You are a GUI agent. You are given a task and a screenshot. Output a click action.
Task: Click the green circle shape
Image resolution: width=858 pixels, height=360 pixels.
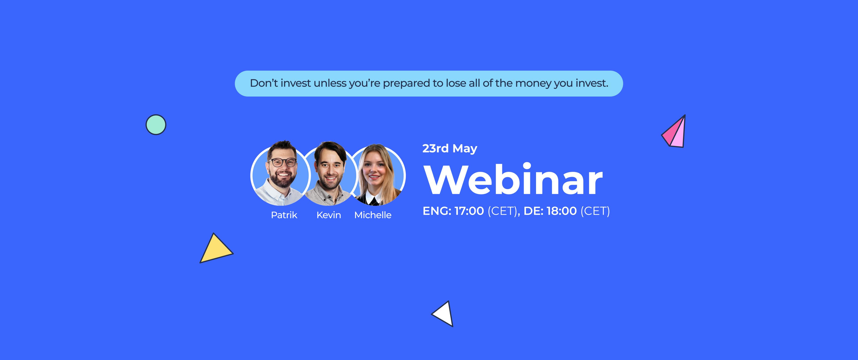(x=156, y=124)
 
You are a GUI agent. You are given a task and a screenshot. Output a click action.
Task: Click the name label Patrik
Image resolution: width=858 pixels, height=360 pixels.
(x=284, y=215)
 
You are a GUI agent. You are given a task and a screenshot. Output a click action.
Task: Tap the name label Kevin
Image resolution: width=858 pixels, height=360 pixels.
(x=328, y=215)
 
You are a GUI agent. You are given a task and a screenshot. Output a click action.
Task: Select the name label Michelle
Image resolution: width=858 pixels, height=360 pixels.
(x=373, y=215)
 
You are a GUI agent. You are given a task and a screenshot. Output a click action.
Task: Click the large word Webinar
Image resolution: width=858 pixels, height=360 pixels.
(x=513, y=180)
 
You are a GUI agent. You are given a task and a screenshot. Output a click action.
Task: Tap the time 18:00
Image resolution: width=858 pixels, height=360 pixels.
(x=561, y=211)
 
